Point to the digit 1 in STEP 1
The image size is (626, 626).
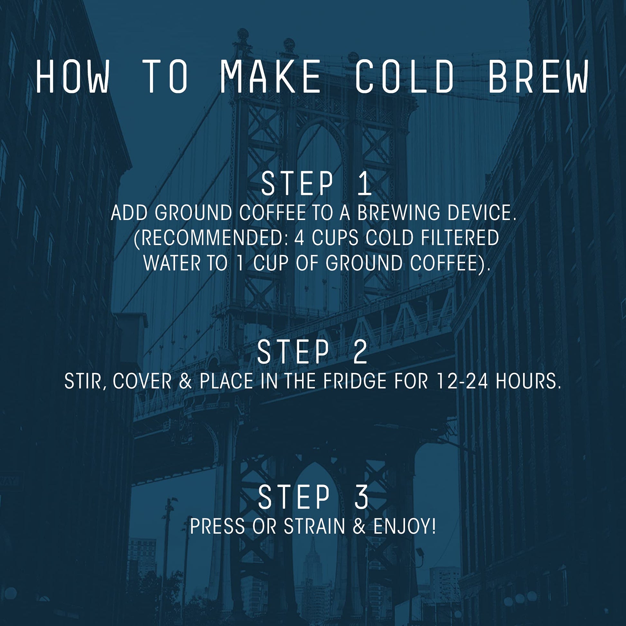click(x=365, y=184)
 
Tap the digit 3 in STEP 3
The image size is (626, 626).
click(x=361, y=497)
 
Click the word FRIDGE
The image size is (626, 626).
click(x=354, y=382)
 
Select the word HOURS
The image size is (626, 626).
click(x=528, y=382)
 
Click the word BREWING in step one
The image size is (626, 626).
click(x=398, y=213)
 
